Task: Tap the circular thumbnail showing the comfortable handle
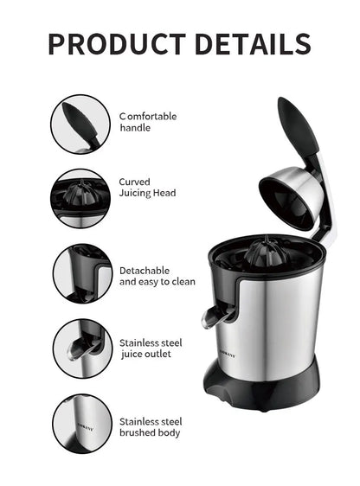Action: pos(80,123)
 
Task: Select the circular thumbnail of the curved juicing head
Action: pos(80,198)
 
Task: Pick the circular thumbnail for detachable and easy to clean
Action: pos(80,273)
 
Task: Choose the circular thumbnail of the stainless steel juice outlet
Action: pos(80,349)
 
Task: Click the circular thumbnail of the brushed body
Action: pos(80,423)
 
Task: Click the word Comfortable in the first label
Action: pos(148,116)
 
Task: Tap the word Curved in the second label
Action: pos(135,182)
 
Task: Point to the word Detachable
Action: pos(145,271)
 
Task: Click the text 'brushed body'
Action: pos(150,432)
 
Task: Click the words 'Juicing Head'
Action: pos(147,194)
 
